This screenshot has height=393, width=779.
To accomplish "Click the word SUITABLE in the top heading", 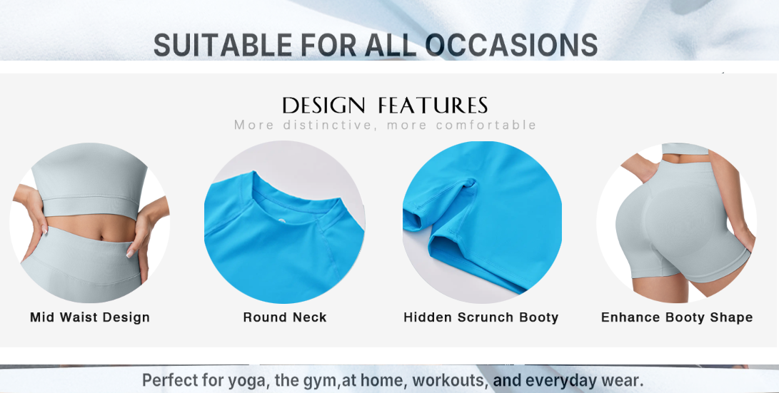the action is [x=223, y=45].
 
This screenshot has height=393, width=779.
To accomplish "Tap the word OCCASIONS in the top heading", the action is [x=511, y=45].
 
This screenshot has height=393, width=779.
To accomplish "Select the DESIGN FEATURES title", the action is [x=385, y=106].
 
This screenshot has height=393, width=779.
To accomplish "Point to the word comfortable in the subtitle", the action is [x=486, y=125].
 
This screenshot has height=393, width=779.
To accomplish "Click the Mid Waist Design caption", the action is [x=90, y=317].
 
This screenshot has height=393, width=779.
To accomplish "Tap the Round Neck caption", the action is [x=285, y=317].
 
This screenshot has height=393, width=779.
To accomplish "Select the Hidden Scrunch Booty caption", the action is [x=481, y=317].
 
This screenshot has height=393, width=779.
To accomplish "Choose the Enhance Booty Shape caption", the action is [x=677, y=317].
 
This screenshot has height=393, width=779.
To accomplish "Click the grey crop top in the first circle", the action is [x=89, y=181].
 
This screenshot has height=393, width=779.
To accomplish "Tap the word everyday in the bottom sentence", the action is [x=561, y=381].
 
